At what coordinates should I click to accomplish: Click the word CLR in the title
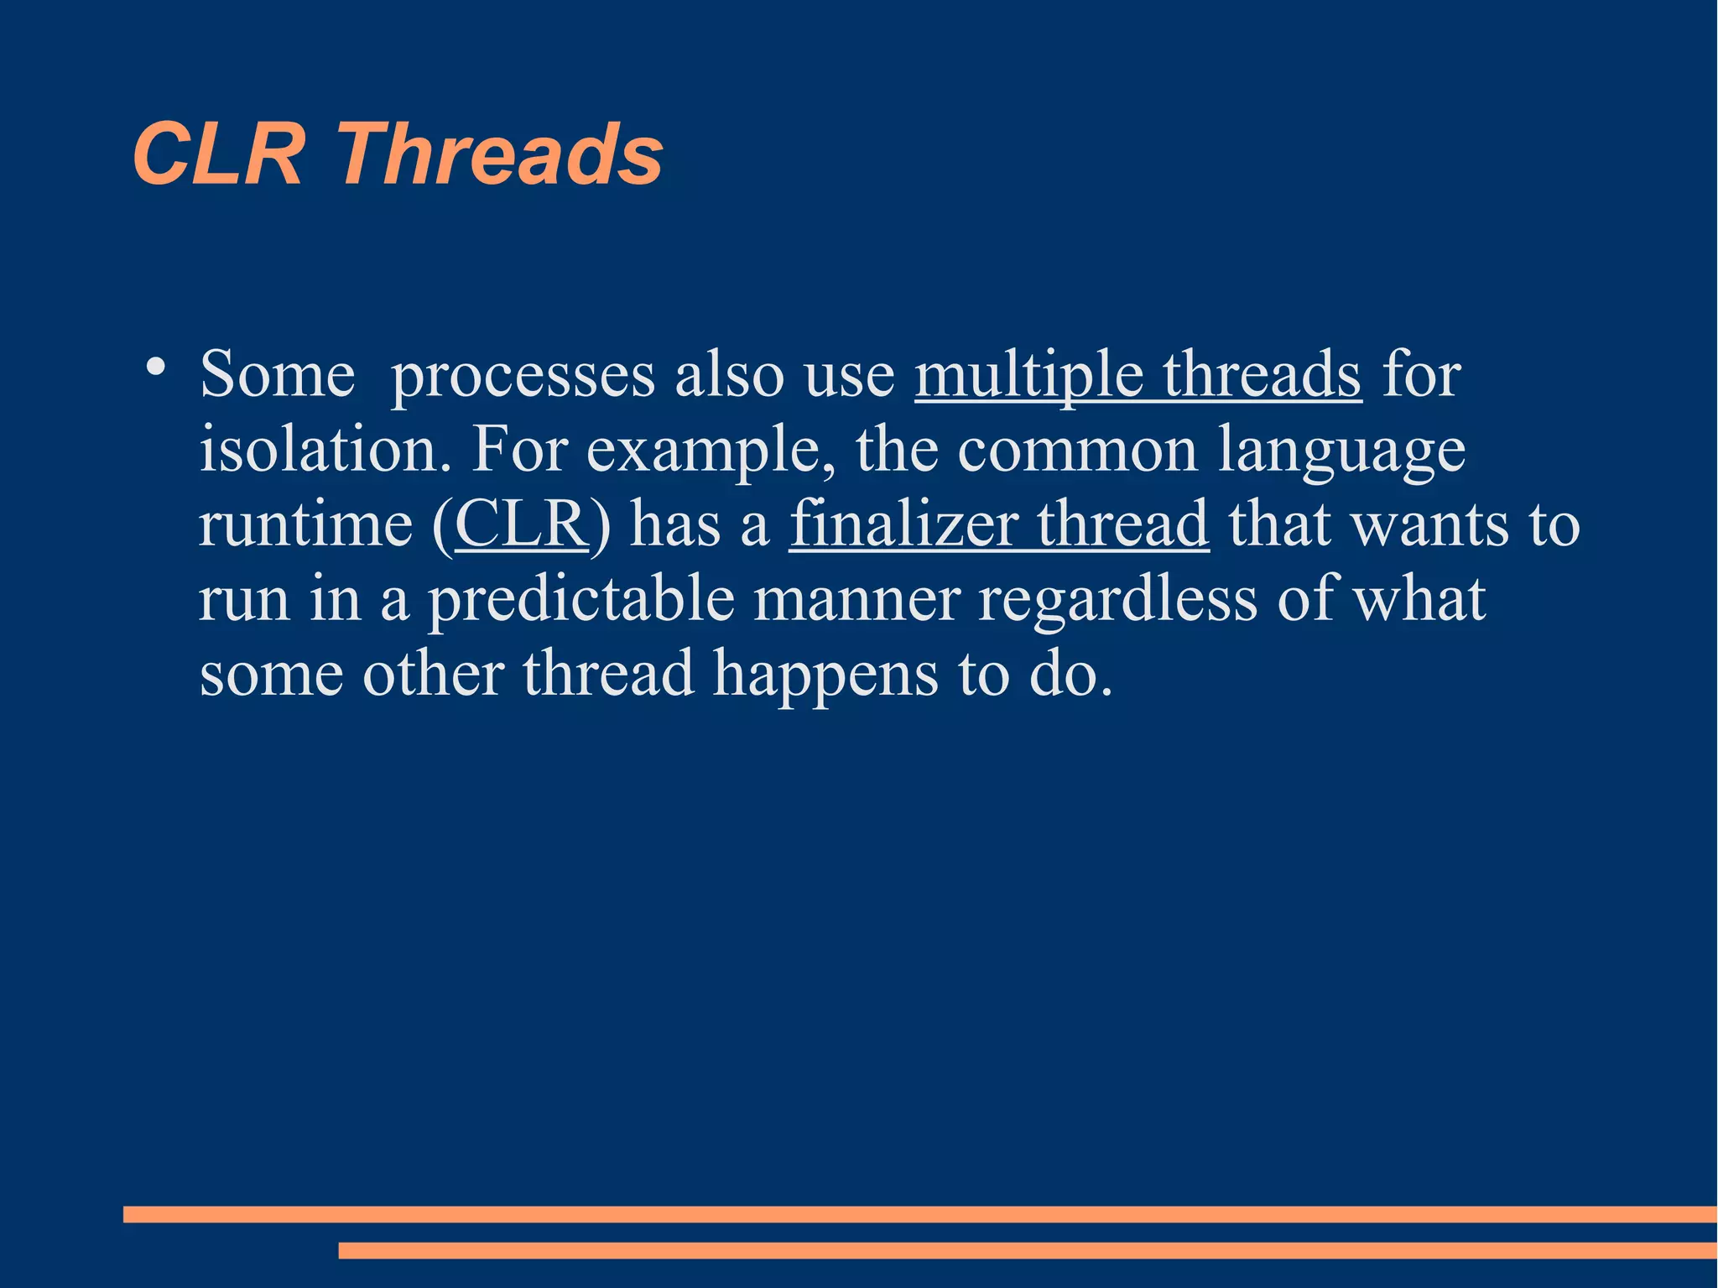pyautogui.click(x=218, y=154)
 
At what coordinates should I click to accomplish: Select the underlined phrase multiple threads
pyautogui.click(x=1138, y=374)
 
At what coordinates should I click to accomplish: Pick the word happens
pyautogui.click(x=825, y=675)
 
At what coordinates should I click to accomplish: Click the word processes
pyautogui.click(x=523, y=376)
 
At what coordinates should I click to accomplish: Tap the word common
pyautogui.click(x=1077, y=450)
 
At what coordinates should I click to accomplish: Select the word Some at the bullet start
pyautogui.click(x=278, y=374)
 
